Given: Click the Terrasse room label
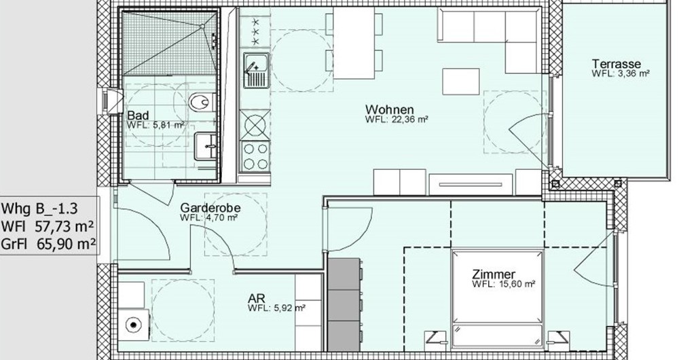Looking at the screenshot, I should tap(617, 63).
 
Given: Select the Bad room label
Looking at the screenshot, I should tap(138, 116).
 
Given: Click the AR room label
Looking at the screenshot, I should tap(257, 298).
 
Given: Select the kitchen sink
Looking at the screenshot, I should tap(255, 71).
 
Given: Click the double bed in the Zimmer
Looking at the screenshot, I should tap(499, 299).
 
